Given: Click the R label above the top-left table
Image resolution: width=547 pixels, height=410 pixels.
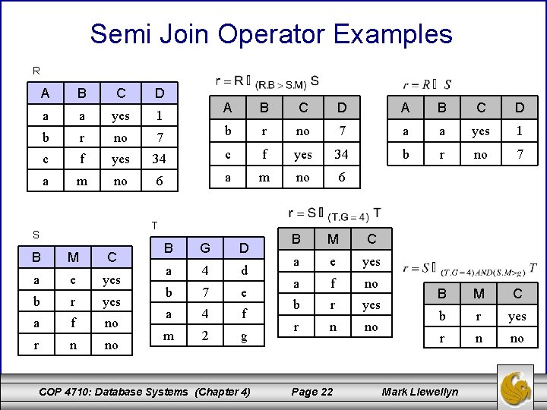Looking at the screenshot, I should pyautogui.click(x=36, y=71).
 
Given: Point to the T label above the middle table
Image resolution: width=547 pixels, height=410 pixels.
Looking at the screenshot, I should pyautogui.click(x=154, y=225).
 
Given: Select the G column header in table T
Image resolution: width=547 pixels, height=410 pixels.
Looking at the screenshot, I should pyautogui.click(x=204, y=248).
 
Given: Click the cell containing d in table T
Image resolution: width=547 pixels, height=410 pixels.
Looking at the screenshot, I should pyautogui.click(x=243, y=270).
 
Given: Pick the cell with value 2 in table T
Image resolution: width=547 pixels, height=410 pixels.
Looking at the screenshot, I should pyautogui.click(x=204, y=334).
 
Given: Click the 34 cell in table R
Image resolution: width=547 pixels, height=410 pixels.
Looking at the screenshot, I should pyautogui.click(x=158, y=159).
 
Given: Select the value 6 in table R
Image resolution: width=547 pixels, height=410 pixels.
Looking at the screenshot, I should pyautogui.click(x=158, y=181).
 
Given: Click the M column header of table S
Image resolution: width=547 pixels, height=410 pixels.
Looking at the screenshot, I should pyautogui.click(x=74, y=257).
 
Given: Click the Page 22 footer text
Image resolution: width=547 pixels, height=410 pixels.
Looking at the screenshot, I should pyautogui.click(x=312, y=392).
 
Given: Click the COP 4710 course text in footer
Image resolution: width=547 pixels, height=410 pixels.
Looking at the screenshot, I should pyautogui.click(x=144, y=392).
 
